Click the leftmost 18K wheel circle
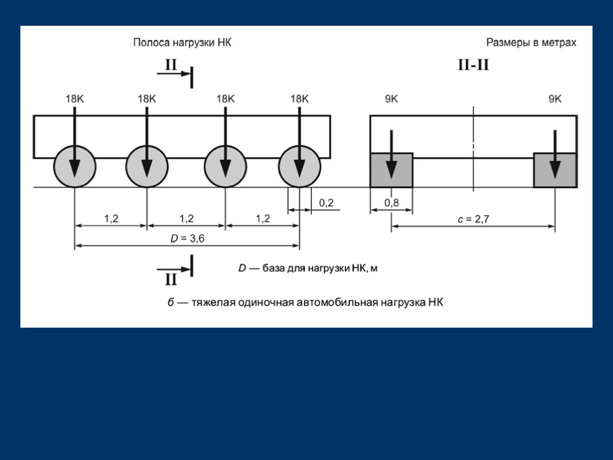coord(75,167)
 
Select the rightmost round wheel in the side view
coord(299,167)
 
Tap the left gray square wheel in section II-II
coord(392,170)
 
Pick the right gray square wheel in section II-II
coord(555,170)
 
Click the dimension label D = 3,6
coord(187,238)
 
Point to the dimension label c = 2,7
coord(473,219)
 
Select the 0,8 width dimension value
coord(392,202)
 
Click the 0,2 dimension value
coord(326,202)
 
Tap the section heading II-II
coord(474,65)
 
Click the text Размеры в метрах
coord(532,43)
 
